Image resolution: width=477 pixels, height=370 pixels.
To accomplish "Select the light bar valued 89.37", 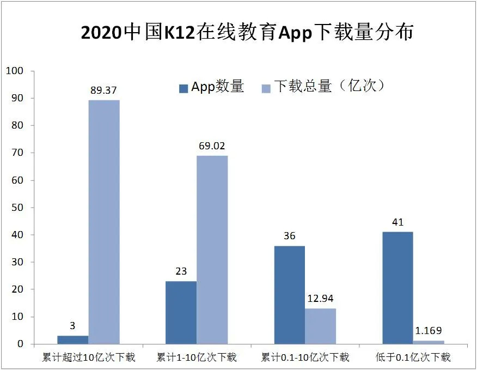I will pos(104,222).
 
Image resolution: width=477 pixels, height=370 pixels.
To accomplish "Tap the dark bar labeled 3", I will pos(72,339).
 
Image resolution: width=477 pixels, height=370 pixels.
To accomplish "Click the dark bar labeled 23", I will pos(181,312).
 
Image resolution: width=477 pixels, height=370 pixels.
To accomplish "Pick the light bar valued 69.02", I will pos(212,250).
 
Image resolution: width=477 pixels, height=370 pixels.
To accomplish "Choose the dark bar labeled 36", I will pos(289,295).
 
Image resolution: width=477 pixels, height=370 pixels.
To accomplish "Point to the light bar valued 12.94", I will pos(320,326).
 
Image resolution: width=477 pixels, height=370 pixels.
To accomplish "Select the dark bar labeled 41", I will pos(397,288).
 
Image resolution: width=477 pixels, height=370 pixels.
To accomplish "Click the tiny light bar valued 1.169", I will pos(429,342).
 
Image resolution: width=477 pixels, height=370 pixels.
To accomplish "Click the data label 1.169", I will pos(429,331).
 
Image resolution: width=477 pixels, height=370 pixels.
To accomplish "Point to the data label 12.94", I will pos(320,299).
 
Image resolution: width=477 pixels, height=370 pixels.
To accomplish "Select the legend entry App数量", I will pos(212,87).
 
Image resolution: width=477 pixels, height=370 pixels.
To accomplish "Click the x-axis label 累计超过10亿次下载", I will pos(89,358).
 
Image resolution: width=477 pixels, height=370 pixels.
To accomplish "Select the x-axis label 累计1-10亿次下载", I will pos(197,358).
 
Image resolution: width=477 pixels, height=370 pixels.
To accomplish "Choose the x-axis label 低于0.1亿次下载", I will pos(413,358).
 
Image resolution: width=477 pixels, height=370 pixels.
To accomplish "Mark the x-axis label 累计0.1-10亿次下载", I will pos(305,358).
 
